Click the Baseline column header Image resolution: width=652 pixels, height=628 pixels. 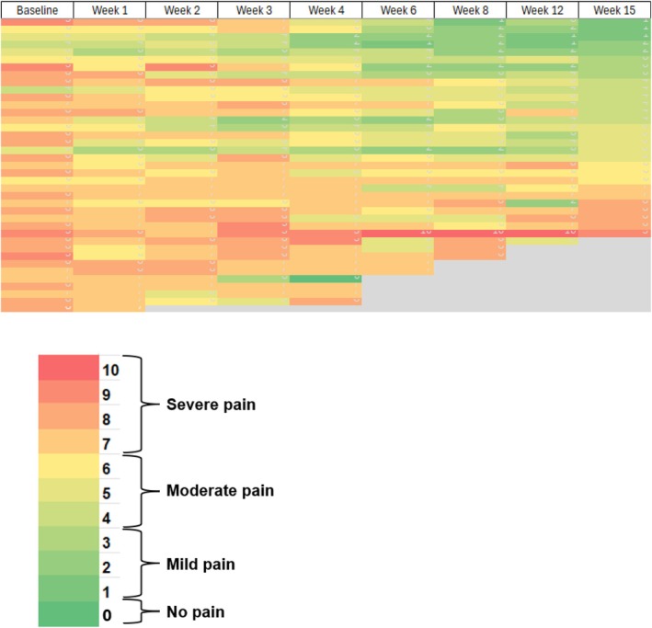(x=36, y=10)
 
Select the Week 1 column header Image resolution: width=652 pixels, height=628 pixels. (x=109, y=10)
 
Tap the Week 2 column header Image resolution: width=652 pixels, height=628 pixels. (x=181, y=10)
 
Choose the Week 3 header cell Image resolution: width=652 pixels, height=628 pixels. (x=253, y=10)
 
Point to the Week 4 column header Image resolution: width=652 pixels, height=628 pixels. (x=325, y=10)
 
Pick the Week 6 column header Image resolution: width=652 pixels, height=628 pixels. (x=397, y=10)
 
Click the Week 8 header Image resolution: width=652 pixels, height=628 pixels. (x=469, y=10)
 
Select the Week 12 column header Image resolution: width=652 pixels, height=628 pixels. (x=542, y=10)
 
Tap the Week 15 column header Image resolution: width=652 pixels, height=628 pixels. (x=614, y=10)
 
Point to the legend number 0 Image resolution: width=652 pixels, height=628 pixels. (x=109, y=614)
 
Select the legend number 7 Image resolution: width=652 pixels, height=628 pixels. (x=109, y=442)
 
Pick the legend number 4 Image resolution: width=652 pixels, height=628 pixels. (x=109, y=516)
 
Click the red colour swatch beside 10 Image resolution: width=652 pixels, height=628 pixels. (x=69, y=368)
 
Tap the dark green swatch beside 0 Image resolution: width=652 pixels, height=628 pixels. (x=69, y=613)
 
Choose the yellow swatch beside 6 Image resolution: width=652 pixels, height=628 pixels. (x=69, y=466)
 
